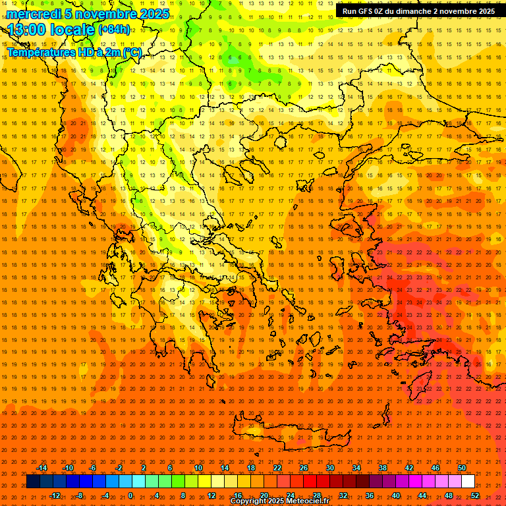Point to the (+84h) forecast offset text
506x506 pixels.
[114, 30]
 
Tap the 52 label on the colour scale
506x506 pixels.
[474, 495]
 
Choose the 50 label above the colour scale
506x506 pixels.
[461, 468]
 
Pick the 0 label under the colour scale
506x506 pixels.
[130, 495]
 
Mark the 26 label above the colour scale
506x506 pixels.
[303, 468]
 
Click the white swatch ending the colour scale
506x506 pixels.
[468, 482]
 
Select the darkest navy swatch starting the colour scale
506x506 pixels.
[33, 482]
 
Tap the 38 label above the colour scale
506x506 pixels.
[382, 468]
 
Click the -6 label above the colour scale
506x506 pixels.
[92, 468]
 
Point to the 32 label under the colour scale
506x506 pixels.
[343, 495]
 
